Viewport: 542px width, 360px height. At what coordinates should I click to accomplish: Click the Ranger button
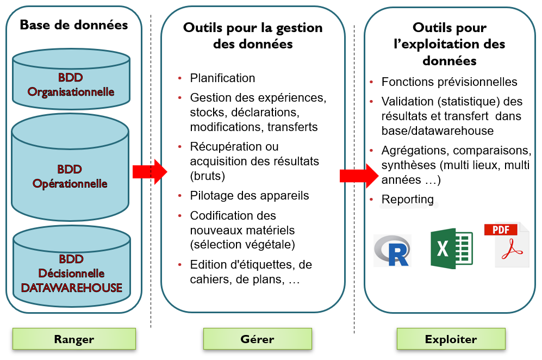[74, 339]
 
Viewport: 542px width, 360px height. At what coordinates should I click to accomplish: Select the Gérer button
[257, 339]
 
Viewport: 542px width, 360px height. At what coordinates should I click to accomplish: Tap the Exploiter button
[451, 339]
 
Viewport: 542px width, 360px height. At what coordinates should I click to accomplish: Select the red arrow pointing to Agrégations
[358, 176]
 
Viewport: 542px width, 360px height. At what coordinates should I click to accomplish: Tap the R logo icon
[393, 250]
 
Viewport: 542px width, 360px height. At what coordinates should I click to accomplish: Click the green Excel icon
[452, 249]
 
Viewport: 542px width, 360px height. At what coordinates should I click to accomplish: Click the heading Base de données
[74, 25]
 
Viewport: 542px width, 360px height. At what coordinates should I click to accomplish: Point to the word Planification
[222, 78]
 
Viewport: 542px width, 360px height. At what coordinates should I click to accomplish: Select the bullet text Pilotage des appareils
[250, 196]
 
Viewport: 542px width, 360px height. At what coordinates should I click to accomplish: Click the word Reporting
[408, 199]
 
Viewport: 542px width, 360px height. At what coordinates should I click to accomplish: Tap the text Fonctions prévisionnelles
[449, 82]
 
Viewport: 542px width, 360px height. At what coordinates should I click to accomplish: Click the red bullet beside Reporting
[371, 199]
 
